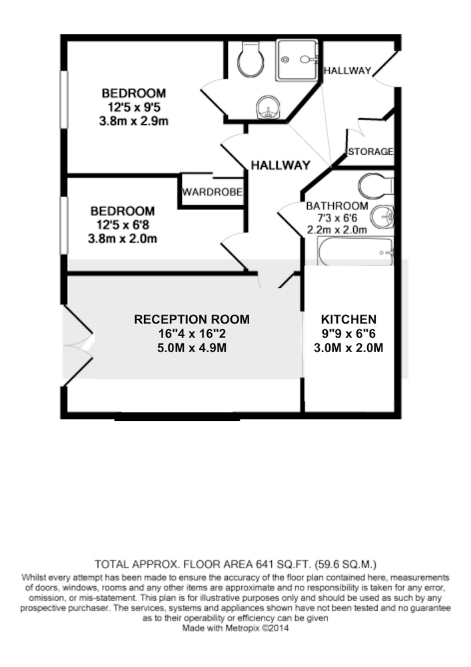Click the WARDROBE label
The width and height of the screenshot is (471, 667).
(213, 192)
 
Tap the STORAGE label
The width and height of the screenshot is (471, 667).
(371, 151)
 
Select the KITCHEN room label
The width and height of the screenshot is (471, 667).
(348, 319)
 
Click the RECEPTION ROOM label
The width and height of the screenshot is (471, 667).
(192, 319)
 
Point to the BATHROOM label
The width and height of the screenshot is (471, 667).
(337, 206)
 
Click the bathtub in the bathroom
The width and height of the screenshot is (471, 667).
(355, 251)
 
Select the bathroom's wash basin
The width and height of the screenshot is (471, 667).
(382, 217)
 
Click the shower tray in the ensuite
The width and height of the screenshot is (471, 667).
(297, 60)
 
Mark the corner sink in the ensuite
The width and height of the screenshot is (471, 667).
(268, 107)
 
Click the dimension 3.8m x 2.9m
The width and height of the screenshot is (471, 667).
(134, 121)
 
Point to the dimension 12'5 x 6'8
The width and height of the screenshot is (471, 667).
(123, 225)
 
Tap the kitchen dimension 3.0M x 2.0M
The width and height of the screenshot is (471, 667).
(348, 348)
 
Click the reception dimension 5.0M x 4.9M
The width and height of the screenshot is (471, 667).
(192, 348)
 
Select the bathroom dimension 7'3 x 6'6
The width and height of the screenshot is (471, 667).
(337, 218)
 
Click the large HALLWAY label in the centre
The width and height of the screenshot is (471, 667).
(280, 165)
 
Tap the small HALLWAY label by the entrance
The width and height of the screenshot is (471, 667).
(347, 71)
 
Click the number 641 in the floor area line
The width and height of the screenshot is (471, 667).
(263, 564)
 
